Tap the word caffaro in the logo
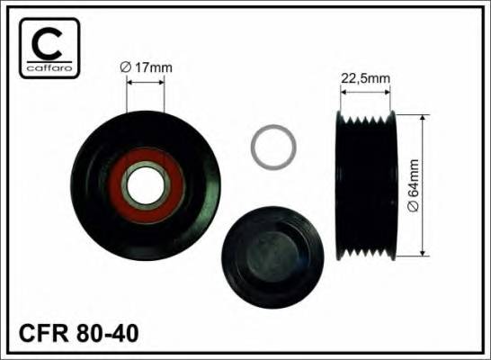49,68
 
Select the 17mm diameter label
147,67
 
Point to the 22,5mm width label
365,78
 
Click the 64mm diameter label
414,185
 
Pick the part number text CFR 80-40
78,333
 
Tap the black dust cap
272,256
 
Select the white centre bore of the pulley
146,185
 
